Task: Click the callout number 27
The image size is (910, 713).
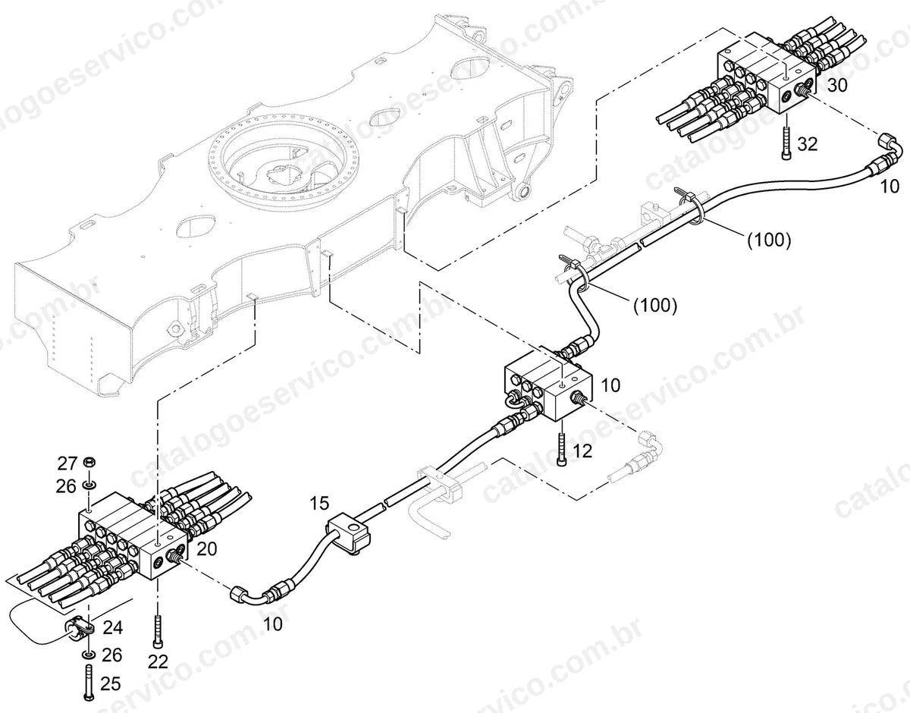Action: [67, 463]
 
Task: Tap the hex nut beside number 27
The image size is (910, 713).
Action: [89, 463]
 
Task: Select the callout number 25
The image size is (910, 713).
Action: [111, 683]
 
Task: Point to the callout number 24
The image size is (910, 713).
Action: [113, 627]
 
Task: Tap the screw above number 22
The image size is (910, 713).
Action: [157, 631]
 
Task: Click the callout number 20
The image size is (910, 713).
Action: [206, 549]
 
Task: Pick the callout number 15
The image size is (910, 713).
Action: [319, 503]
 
